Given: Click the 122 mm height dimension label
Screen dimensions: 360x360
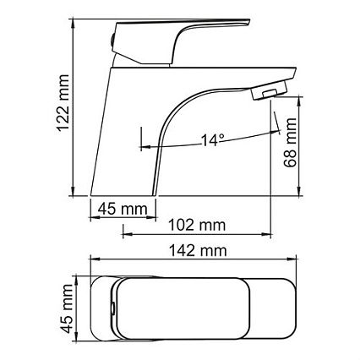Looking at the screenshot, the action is coord(63,103).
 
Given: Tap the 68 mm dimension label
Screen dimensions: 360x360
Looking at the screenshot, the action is coord(290,142).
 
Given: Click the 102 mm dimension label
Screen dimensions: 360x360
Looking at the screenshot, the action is coord(197,226).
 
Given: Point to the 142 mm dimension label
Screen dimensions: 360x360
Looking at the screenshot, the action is coord(198,251).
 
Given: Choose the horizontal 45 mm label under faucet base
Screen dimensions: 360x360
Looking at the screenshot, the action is coord(123,210).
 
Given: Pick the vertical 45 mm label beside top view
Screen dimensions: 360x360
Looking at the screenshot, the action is coord(67,308).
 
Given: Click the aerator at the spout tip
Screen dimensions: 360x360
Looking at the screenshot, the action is coord(270,90).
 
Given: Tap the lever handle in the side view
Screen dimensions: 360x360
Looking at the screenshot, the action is coord(180,42).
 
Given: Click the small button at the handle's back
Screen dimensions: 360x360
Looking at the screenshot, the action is coord(112,41).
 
